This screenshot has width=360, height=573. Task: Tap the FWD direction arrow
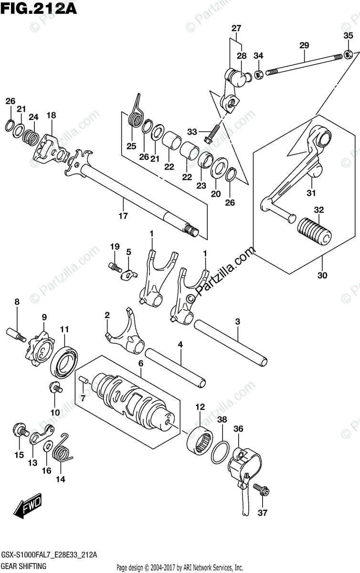[28, 506]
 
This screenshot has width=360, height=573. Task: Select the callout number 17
[123, 216]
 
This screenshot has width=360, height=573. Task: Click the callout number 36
[238, 429]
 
